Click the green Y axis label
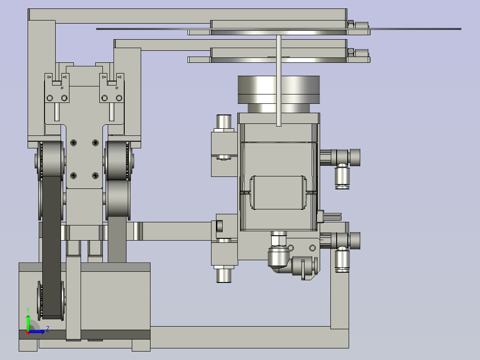[28, 310]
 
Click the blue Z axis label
[48, 329]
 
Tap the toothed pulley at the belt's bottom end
[51, 301]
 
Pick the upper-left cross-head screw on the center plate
[73, 143]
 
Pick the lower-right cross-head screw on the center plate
[95, 176]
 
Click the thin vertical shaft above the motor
[279, 80]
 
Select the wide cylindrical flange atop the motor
[279, 90]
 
